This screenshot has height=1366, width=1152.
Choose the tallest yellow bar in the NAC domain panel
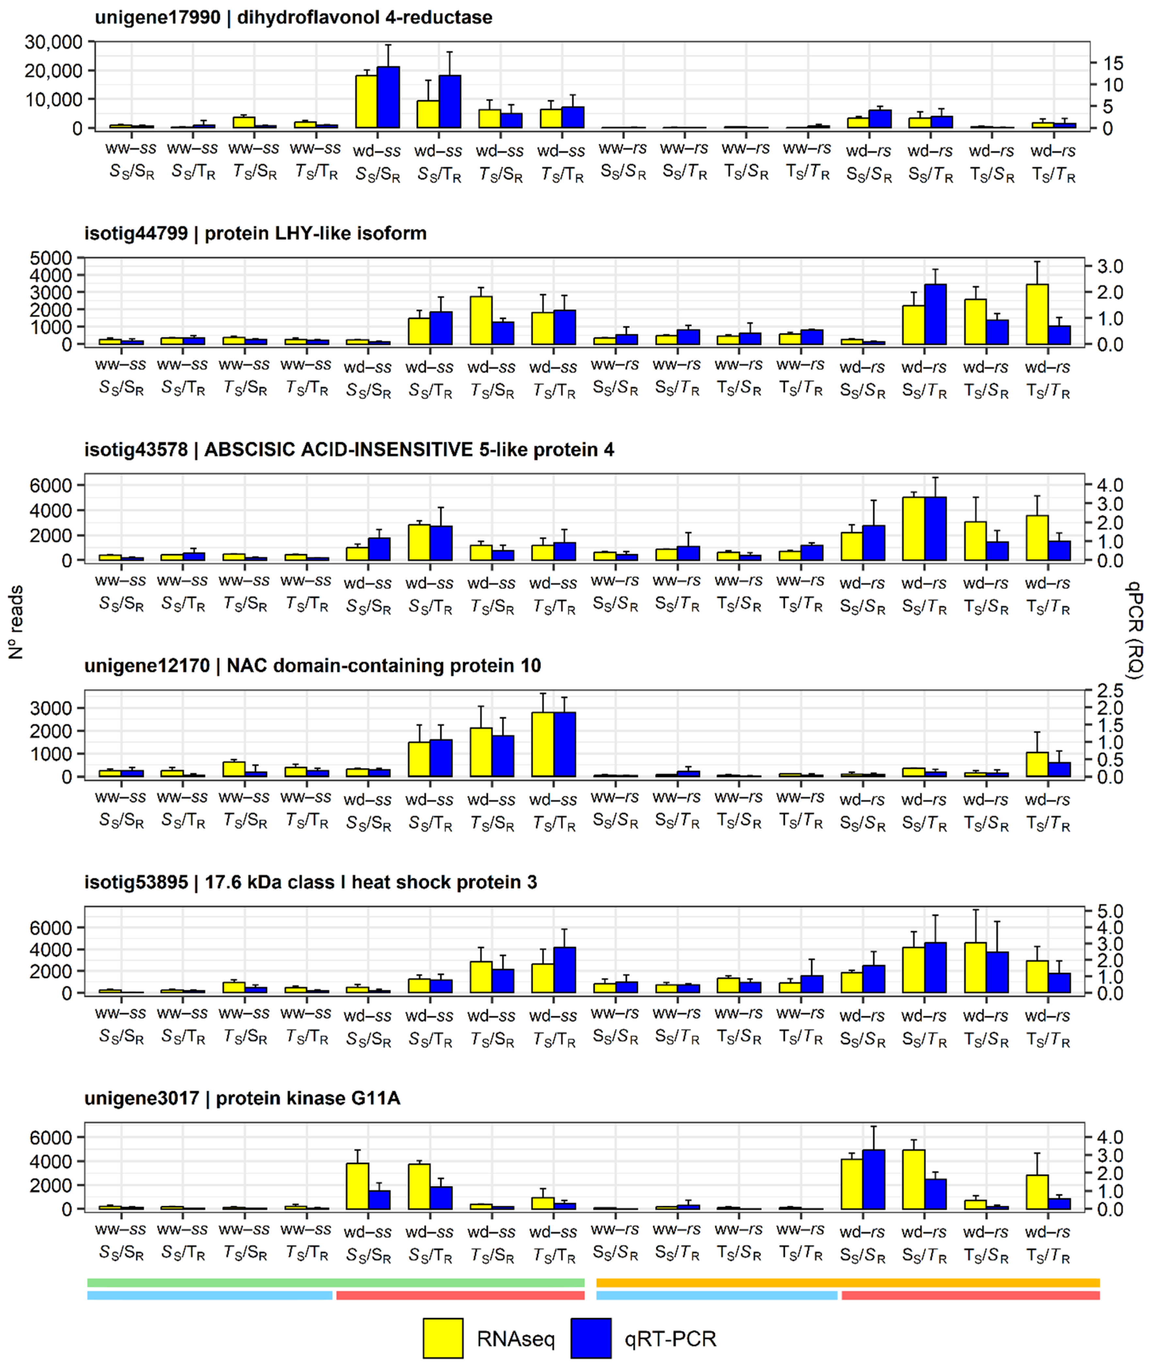(543, 744)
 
